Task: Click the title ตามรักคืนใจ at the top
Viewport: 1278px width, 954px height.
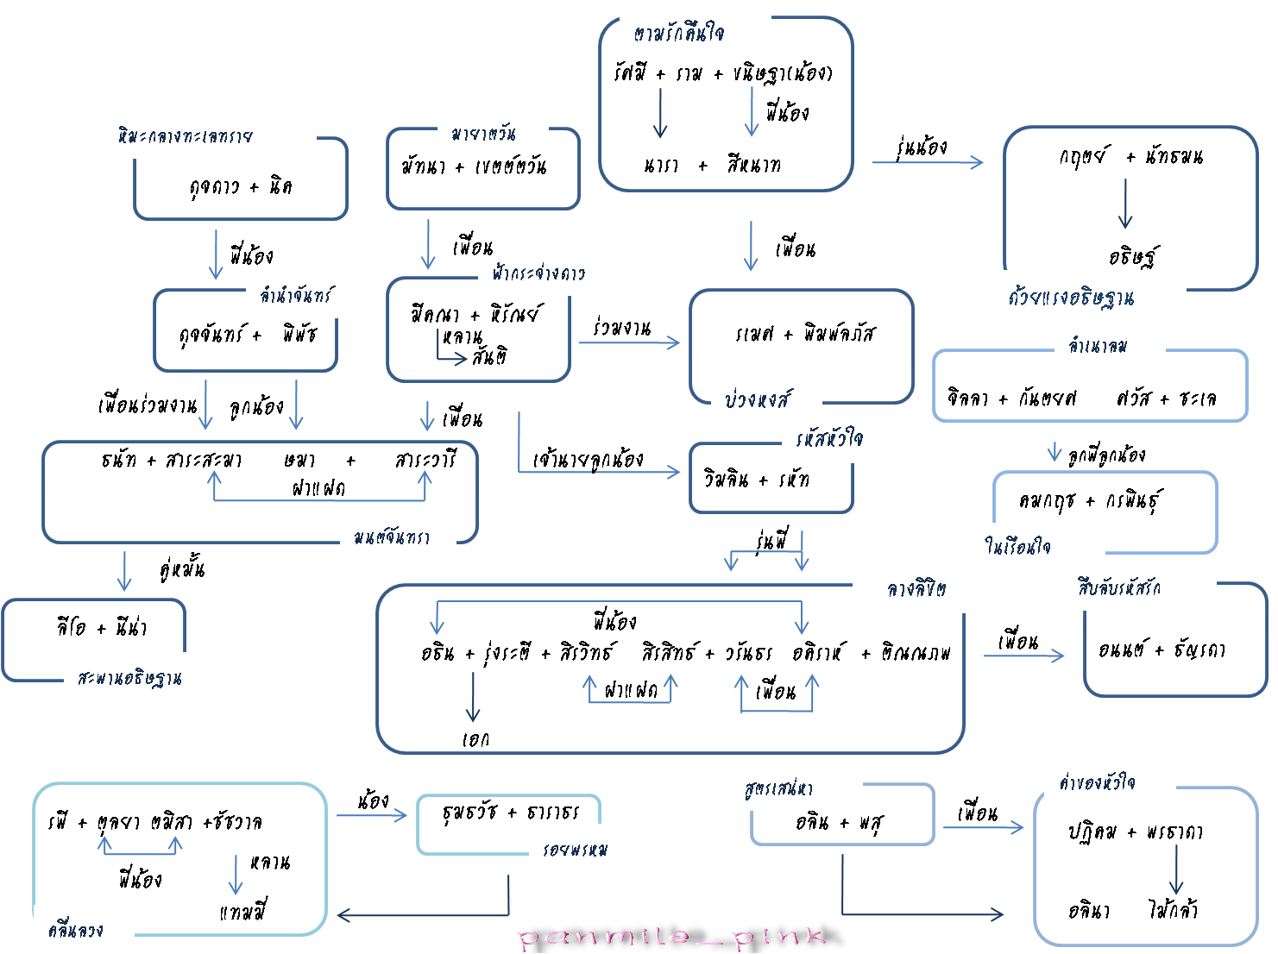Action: point(679,34)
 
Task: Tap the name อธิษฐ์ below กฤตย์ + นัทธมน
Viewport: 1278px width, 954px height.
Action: point(1133,256)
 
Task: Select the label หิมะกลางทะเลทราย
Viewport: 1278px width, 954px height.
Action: point(186,136)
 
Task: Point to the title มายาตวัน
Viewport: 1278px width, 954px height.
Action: point(483,134)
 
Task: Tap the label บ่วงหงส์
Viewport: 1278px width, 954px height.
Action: point(758,399)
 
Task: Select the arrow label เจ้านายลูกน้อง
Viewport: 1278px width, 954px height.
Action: point(588,459)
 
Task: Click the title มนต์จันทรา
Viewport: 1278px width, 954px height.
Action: point(392,538)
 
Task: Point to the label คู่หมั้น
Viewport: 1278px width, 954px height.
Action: point(182,569)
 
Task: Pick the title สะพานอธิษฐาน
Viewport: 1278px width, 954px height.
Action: point(129,679)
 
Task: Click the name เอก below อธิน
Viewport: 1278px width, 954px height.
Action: point(475,739)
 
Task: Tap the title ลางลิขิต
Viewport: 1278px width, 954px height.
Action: point(916,589)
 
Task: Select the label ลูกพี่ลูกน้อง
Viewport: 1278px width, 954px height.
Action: point(1107,455)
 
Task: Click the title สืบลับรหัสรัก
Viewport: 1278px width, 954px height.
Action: point(1118,588)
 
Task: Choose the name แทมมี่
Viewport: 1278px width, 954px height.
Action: point(243,912)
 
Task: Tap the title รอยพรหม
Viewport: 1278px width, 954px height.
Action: point(575,850)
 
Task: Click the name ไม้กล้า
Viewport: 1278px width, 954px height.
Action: point(1173,909)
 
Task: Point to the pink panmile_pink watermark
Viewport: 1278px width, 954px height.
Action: point(673,937)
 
